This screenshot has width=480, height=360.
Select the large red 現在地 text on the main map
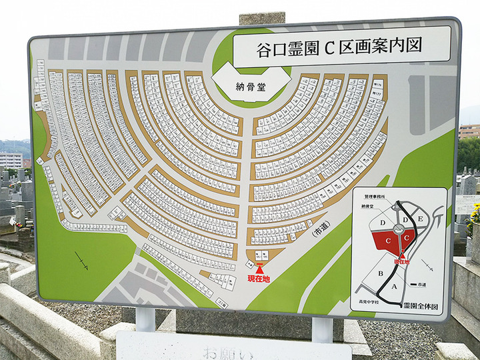[259, 277]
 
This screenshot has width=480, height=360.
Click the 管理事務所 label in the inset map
[375, 198]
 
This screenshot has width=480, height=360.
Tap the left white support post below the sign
[145, 319]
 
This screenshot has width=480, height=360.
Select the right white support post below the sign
[322, 329]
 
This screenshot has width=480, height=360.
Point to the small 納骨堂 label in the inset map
[373, 207]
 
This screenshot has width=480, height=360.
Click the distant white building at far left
[11, 160]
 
